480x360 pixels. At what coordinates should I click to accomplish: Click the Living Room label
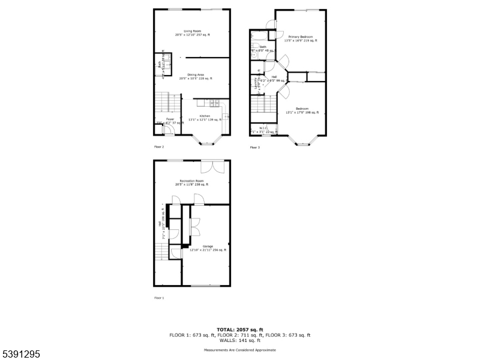point(192,31)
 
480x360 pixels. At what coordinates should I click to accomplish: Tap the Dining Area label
point(192,74)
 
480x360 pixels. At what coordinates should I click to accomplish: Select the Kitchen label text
point(205,116)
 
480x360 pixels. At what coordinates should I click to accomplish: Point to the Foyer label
point(170,119)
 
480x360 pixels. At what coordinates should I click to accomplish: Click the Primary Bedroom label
point(301,37)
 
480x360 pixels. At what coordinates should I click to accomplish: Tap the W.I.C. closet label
point(263,128)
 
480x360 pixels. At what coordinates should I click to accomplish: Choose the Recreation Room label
point(192,181)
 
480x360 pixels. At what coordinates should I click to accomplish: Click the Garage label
point(208,246)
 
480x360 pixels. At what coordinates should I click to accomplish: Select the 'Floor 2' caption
point(159,146)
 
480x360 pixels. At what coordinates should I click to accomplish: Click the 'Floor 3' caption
point(255,147)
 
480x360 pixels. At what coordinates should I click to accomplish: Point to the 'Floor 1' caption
point(159,298)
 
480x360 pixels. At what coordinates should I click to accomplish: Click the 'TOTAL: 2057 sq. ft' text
point(240,330)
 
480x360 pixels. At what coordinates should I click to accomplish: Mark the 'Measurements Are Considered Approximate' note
point(240,349)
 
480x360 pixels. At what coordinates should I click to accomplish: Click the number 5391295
point(20,355)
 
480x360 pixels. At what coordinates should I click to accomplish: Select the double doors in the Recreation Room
point(214,167)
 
